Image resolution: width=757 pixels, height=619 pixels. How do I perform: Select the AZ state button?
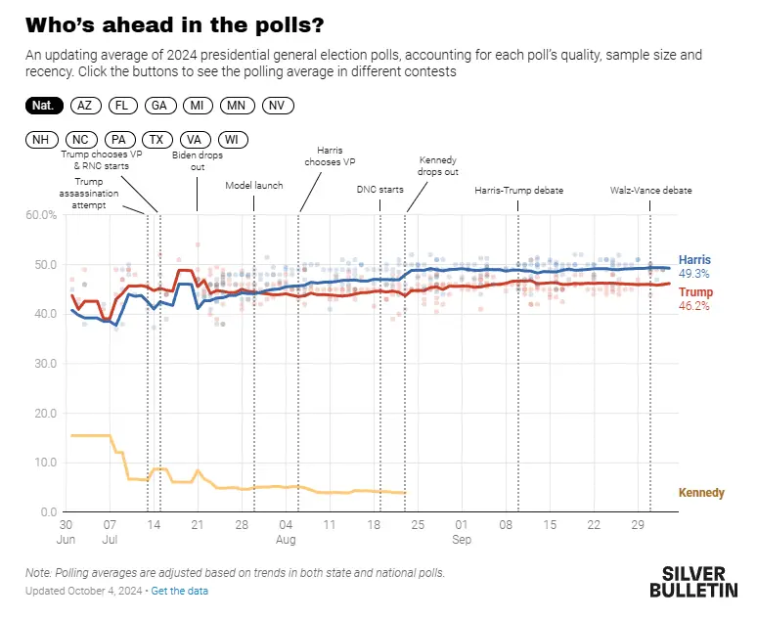[x=85, y=105]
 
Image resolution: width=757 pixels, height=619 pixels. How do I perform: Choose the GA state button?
[x=159, y=105]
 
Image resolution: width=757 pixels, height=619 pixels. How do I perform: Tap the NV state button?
[x=277, y=105]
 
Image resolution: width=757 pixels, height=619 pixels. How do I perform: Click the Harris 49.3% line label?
[x=694, y=267]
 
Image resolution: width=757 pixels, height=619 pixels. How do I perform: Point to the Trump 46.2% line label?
[x=694, y=298]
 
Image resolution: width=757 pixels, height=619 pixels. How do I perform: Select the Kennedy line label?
[x=701, y=493]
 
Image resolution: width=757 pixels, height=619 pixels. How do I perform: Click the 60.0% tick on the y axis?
[x=41, y=214]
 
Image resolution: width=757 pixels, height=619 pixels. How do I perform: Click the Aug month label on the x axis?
[x=286, y=539]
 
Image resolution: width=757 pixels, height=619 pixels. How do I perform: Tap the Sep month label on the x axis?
[x=462, y=539]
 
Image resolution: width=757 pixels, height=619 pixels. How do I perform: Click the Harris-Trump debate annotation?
[x=518, y=191]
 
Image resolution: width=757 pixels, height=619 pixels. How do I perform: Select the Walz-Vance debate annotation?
[x=650, y=191]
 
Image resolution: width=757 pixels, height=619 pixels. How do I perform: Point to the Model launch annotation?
[x=254, y=185]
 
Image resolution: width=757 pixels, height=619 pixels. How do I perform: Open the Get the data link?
[x=180, y=591]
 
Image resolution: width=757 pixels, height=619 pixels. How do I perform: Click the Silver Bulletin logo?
[x=694, y=581]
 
